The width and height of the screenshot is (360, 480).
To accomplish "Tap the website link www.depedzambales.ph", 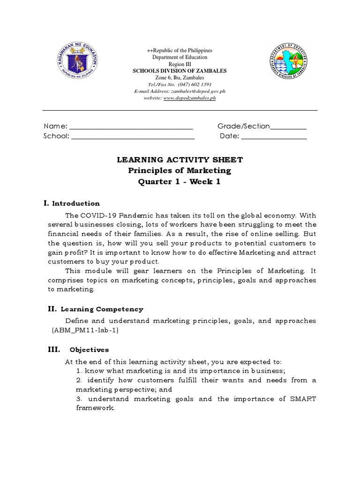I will coord(190,98).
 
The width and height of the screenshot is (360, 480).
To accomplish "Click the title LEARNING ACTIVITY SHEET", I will coord(180,160).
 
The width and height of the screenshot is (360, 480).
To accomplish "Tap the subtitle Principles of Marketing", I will coord(180,171).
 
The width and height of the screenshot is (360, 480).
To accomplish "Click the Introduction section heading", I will coord(75,203).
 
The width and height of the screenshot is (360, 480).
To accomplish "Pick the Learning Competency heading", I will coord(102,309).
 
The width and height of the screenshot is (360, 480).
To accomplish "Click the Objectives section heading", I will coord(89,350).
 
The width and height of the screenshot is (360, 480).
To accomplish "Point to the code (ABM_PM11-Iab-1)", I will coord(85,330).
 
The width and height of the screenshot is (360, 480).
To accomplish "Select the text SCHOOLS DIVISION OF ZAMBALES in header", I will coord(180,71).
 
